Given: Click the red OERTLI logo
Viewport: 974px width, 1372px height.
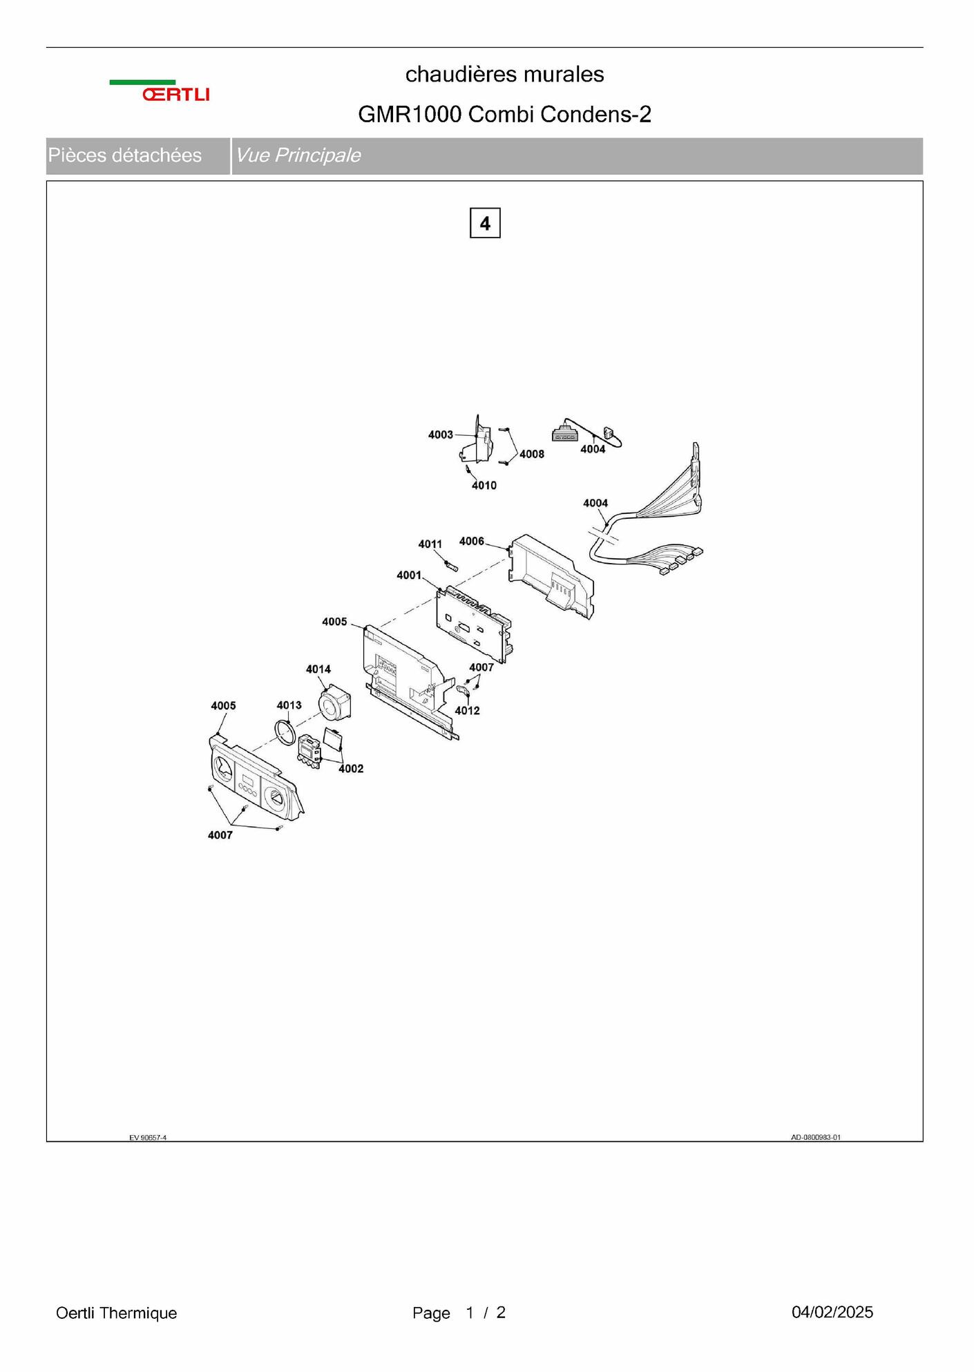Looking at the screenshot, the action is [175, 95].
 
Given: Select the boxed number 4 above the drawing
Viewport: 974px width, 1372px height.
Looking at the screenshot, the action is [485, 223].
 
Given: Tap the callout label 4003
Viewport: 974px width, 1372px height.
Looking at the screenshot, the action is [441, 435].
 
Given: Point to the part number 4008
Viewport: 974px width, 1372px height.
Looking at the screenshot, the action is [532, 454].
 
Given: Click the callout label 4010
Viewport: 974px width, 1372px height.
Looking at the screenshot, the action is [484, 486].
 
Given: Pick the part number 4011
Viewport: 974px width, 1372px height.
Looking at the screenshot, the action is [430, 544].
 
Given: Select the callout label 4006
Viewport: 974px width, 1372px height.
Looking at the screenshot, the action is [472, 541].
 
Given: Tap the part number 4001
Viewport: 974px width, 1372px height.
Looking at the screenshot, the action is [409, 575].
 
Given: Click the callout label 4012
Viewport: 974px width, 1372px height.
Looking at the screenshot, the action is [467, 710].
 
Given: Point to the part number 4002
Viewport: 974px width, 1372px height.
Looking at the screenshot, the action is [351, 768].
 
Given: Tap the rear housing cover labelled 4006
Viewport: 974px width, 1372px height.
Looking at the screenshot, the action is [551, 576].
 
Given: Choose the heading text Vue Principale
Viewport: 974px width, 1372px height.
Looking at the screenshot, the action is [298, 155].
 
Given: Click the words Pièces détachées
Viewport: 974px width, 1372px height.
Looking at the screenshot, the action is [125, 155].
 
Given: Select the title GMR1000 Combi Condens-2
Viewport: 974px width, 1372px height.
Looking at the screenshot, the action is [504, 114].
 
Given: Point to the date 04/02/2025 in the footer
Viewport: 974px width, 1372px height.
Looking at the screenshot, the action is [832, 1312].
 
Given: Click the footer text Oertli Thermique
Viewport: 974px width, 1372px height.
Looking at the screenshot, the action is [116, 1313].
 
